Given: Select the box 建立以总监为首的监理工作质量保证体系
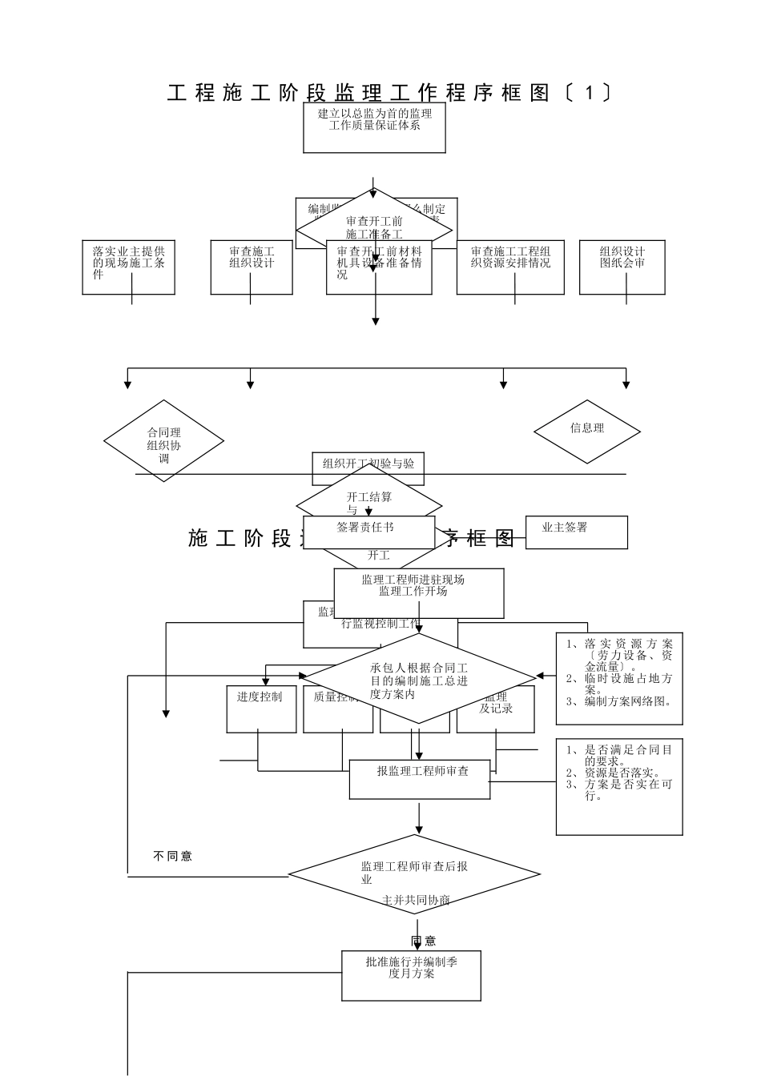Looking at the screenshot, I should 374,128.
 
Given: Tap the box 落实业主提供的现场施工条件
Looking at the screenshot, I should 128,267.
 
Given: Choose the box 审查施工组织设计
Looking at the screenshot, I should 251,267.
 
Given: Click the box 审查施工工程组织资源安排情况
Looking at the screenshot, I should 510,267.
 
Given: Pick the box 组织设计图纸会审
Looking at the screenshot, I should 622,267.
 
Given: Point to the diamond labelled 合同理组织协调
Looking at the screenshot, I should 163,441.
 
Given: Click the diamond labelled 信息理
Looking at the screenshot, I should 587,431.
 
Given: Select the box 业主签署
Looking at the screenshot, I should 576,532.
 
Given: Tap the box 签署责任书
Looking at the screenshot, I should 369,532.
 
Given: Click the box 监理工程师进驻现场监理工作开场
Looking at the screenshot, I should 419,593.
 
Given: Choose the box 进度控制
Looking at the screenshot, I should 261,709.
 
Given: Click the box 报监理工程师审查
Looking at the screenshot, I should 420,779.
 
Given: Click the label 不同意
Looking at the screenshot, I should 173,856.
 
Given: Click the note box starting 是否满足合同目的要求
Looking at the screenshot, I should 619,786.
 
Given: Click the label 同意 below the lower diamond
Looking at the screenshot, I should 424,941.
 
